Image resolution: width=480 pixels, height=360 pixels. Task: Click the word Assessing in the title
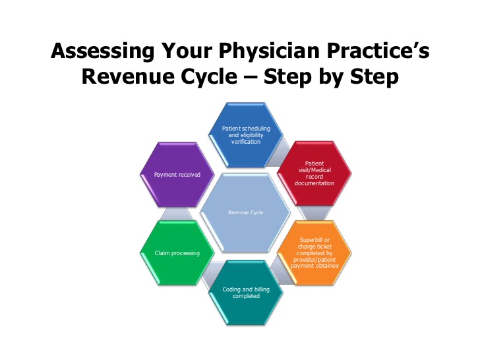[x=103, y=51]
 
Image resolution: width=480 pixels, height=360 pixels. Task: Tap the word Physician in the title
[x=269, y=51]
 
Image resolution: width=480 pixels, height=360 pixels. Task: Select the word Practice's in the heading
[x=378, y=51]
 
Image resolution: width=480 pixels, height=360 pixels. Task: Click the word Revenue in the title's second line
[x=129, y=76]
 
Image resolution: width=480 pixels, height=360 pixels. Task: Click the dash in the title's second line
[x=250, y=78]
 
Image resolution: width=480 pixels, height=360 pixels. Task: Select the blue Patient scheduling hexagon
[x=245, y=135]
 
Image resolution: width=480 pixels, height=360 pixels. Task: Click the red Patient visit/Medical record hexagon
[x=315, y=173]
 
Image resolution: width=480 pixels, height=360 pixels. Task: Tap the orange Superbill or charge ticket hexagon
[x=315, y=253]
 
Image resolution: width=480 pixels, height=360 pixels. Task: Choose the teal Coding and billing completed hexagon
[x=246, y=292]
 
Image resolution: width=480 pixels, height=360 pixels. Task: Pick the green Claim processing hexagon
[x=177, y=253]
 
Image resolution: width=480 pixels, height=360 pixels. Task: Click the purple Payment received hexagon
[x=177, y=175]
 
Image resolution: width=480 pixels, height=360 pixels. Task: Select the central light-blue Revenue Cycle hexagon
[x=245, y=213]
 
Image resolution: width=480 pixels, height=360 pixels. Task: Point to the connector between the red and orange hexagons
[x=315, y=213]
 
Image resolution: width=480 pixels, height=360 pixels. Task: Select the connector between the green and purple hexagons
[x=177, y=214]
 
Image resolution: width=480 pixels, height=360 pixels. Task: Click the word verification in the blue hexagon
[x=246, y=142]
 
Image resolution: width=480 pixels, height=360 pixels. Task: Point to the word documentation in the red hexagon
[x=315, y=183]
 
